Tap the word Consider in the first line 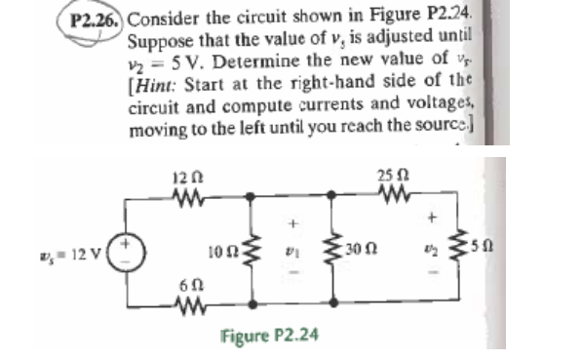(161, 18)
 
